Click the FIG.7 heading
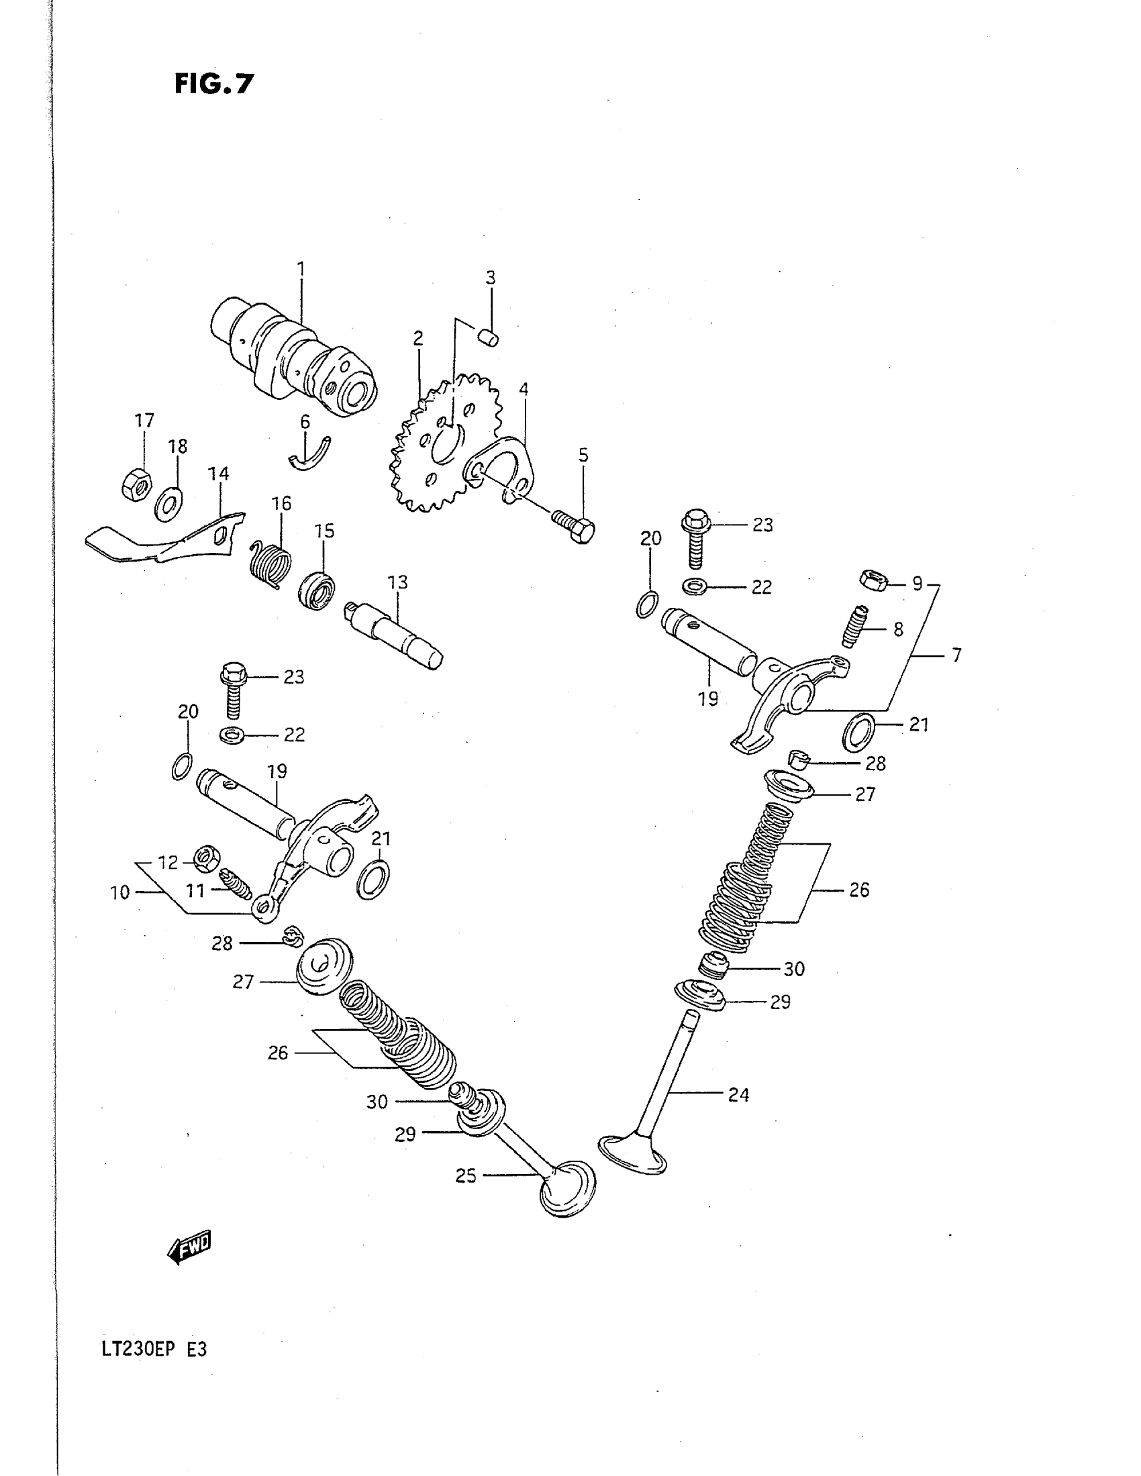(x=213, y=84)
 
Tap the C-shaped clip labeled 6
(x=309, y=456)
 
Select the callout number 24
(x=738, y=1094)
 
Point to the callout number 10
(x=119, y=892)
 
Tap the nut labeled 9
(x=873, y=580)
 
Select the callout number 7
(x=956, y=655)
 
